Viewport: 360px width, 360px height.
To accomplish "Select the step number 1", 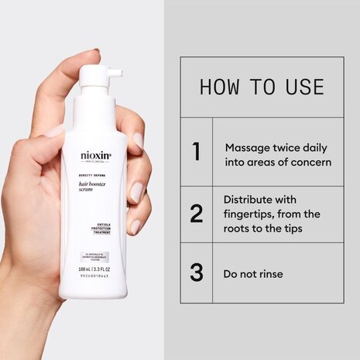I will (197, 151).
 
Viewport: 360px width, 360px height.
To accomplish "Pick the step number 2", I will (197, 214).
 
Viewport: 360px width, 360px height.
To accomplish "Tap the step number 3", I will (197, 273).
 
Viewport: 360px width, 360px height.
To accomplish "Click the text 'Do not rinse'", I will (254, 273).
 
